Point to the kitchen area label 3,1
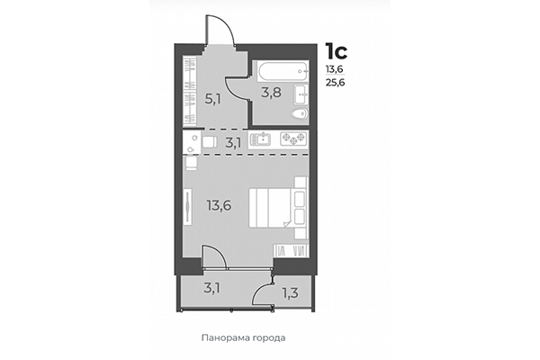pyautogui.click(x=232, y=141)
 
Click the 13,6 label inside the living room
pyautogui.click(x=219, y=204)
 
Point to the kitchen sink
pyautogui.click(x=262, y=139)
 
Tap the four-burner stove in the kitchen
pyautogui.click(x=293, y=139)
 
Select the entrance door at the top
pyautogui.click(x=221, y=32)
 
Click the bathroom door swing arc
pyautogui.click(x=236, y=90)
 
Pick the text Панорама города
pyautogui.click(x=243, y=337)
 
